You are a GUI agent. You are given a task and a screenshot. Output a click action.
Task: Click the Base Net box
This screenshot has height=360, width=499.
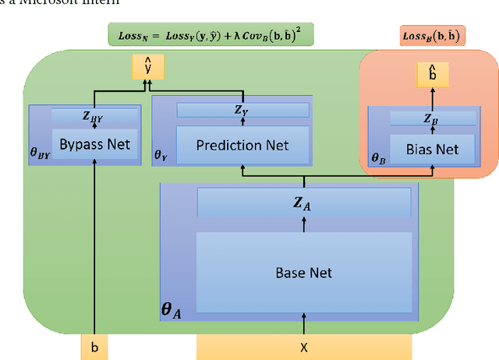303,272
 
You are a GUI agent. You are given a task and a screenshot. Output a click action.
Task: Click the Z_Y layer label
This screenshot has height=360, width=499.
242,111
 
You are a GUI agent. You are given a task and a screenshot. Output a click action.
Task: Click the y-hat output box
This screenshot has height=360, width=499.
147,68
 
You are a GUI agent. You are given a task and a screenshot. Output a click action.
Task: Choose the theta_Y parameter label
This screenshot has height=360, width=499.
161,155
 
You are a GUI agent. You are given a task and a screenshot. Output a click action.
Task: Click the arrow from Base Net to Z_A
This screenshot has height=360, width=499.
304,224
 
